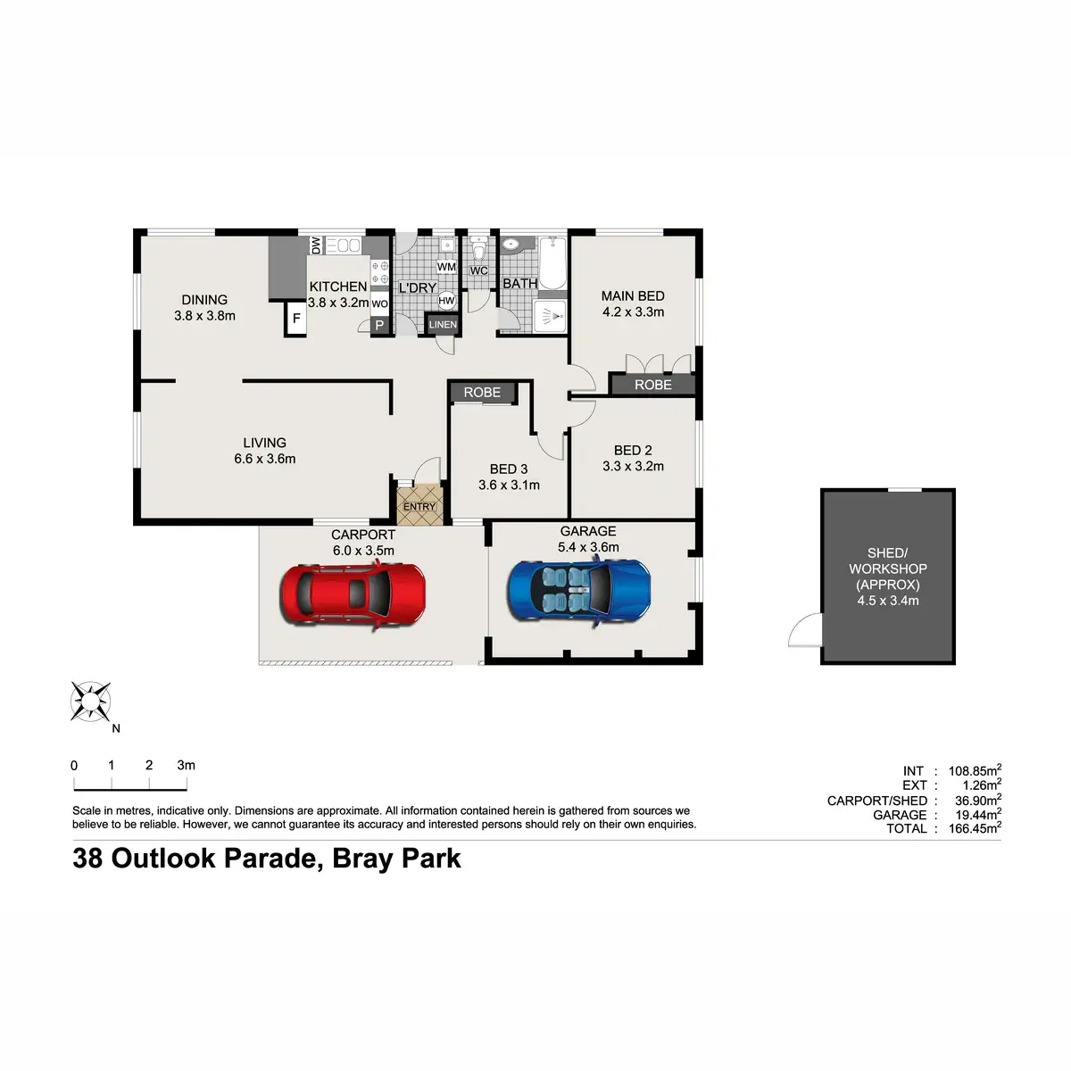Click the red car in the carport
point(353,593)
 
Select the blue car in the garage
point(578,590)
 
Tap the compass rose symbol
point(90,702)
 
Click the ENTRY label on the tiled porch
point(419,507)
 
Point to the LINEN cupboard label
point(443,325)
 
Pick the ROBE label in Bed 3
point(482,393)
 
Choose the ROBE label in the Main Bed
point(652,385)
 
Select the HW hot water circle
point(446,302)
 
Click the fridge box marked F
point(296,319)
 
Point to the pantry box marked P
point(379,325)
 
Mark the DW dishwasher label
point(316,245)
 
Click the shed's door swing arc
point(804,631)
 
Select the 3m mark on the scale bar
point(186,766)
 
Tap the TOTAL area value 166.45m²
point(974,829)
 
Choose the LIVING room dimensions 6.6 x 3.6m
point(265,459)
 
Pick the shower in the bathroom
point(550,316)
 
